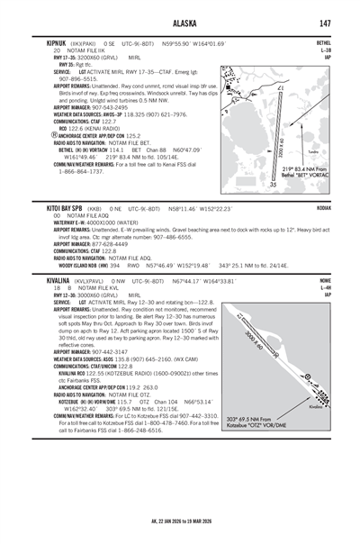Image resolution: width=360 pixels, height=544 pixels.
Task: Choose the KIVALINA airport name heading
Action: point(46,280)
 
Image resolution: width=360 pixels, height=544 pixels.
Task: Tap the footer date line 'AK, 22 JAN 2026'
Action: point(179,521)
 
